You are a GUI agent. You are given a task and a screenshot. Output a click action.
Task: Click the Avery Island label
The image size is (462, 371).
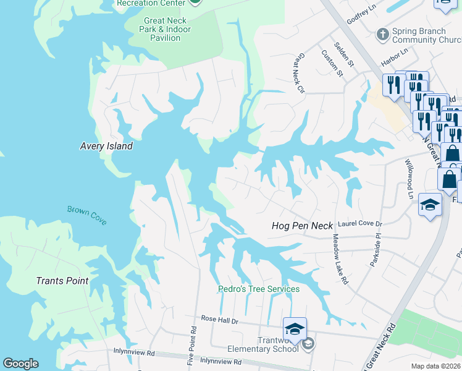tap(106, 147)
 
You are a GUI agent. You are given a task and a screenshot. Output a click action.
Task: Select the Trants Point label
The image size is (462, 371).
tap(62, 281)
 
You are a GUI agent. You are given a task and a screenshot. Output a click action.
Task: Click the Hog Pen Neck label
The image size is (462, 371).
tap(302, 226)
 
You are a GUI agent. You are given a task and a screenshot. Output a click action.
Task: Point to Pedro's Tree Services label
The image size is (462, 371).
tap(259, 289)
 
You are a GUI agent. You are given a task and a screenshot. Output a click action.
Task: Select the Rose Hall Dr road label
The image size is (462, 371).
tap(219, 319)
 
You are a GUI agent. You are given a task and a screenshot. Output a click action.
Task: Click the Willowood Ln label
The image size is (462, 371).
tap(408, 178)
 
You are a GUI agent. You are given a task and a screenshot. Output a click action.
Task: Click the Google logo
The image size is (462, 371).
tap(20, 364)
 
